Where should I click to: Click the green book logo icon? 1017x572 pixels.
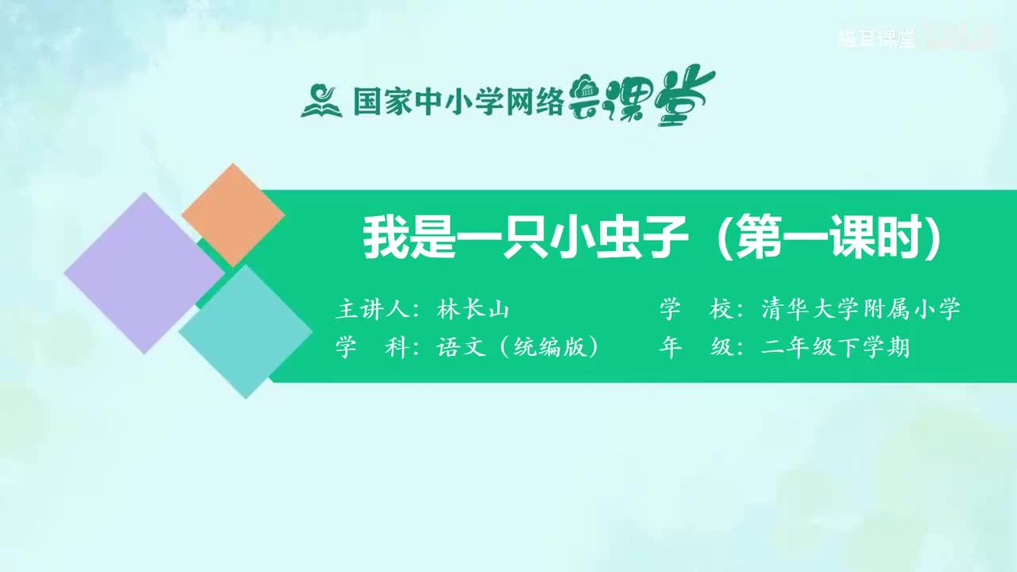point(321,101)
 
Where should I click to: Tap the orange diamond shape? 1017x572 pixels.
point(233,214)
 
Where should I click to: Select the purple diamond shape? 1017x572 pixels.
point(143,272)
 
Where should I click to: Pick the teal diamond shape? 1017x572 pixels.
point(246,331)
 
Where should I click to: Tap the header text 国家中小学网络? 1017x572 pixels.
point(458,101)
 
